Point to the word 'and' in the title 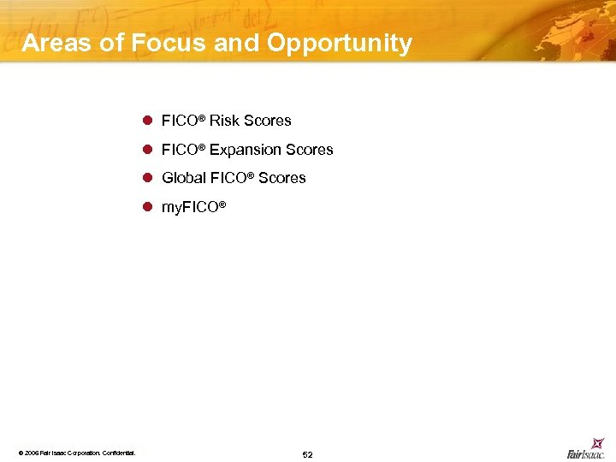[236, 44]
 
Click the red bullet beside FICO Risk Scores [147, 121]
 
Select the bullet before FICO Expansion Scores [147, 150]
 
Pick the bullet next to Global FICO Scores [147, 178]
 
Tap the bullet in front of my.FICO [147, 207]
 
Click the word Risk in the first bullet [224, 121]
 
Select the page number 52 [307, 454]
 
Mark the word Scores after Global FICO [281, 178]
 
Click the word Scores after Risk [267, 121]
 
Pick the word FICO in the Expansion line [181, 150]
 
